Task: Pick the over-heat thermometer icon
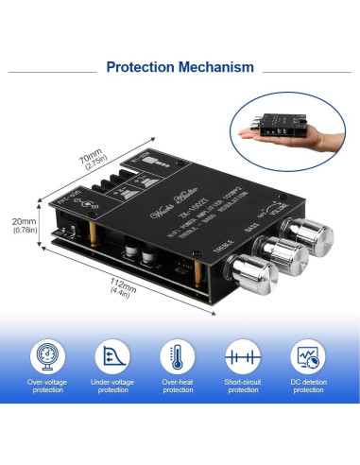click(178, 356)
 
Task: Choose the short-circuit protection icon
click(243, 356)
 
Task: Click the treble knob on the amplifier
click(256, 273)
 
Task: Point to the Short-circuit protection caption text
click(243, 387)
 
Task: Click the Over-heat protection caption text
click(178, 387)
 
